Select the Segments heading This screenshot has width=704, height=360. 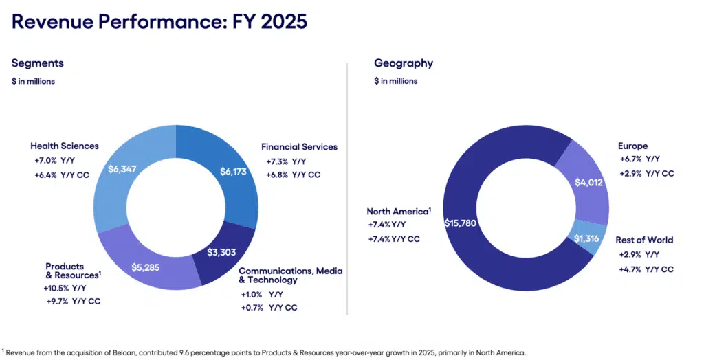tap(38, 63)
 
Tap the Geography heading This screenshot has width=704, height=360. tap(404, 63)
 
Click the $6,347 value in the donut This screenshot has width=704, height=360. tap(124, 168)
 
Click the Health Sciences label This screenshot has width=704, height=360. tap(65, 146)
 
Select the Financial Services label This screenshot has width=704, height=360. tap(299, 147)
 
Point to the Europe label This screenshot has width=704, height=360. tap(632, 146)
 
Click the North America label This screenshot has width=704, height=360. tap(399, 211)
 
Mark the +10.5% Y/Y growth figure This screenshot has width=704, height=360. tap(65, 288)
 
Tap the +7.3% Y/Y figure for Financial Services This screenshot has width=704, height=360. tap(285, 161)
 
